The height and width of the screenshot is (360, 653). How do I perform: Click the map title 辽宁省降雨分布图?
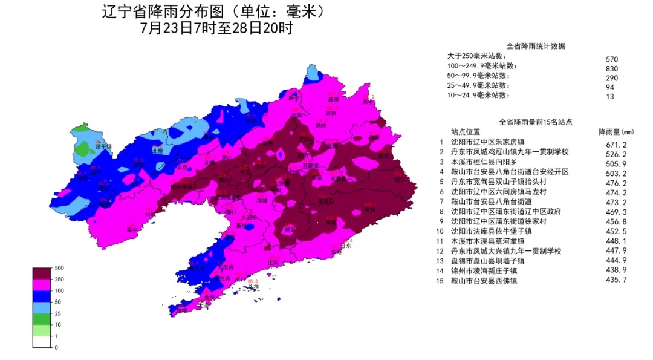pyautogui.click(x=175, y=13)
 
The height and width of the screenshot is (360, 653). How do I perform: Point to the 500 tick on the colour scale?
pyautogui.click(x=59, y=267)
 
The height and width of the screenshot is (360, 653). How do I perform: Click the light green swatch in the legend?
pyautogui.click(x=41, y=330)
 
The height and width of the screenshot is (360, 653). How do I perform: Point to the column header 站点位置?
pyautogui.click(x=466, y=132)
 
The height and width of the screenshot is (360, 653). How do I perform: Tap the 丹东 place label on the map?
pyautogui.click(x=346, y=246)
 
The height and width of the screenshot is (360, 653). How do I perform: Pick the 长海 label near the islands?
pyautogui.click(x=253, y=286)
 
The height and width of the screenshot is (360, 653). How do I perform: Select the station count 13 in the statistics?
pyautogui.click(x=610, y=96)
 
